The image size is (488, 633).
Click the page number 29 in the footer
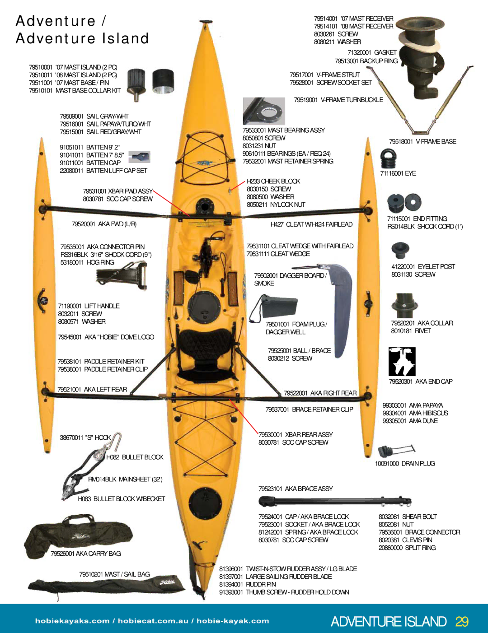[462, 621]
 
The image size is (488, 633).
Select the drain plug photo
[396, 451]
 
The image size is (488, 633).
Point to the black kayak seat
[205, 353]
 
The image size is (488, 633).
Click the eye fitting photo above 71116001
[388, 159]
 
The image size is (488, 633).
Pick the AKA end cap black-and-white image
[402, 362]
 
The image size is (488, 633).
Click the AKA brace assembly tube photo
[335, 501]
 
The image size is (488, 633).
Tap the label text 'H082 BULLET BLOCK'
[135, 457]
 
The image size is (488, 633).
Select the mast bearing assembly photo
[264, 111]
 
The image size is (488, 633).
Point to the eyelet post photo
[400, 250]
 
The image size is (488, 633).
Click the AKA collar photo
[404, 306]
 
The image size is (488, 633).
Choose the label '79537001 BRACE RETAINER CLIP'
[309, 409]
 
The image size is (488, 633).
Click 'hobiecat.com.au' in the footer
[153, 621]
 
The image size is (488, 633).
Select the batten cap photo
[139, 157]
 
